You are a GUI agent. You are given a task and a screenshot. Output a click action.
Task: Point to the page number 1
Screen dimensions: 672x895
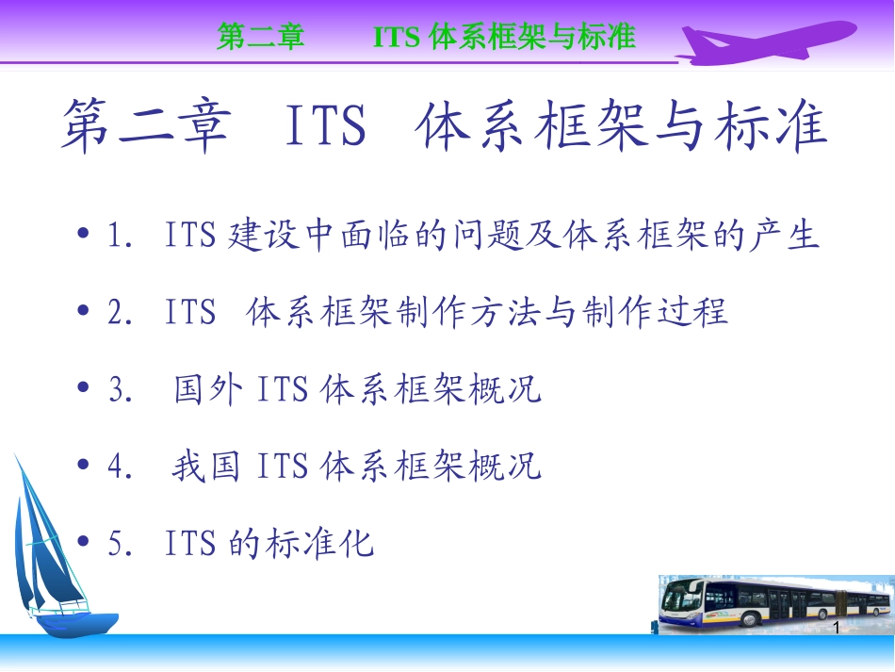coord(836,628)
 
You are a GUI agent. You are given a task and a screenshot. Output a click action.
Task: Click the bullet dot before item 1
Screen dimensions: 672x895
coord(85,234)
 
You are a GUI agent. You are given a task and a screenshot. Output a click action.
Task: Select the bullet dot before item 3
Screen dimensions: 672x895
coord(85,388)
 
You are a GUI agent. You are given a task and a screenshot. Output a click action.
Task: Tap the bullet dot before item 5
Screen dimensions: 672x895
coord(85,543)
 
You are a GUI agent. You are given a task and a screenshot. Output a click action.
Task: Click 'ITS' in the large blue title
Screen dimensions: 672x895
coord(324,128)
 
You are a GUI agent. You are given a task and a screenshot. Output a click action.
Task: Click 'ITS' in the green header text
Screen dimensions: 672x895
coord(397,37)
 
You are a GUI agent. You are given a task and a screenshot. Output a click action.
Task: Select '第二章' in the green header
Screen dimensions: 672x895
coord(261,37)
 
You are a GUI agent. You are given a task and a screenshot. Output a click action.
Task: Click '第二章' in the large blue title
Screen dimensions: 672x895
coord(146,128)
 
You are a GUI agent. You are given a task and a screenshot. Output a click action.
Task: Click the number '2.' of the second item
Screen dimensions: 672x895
coord(122,312)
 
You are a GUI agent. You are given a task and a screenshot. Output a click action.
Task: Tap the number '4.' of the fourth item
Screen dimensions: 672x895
coord(122,467)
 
